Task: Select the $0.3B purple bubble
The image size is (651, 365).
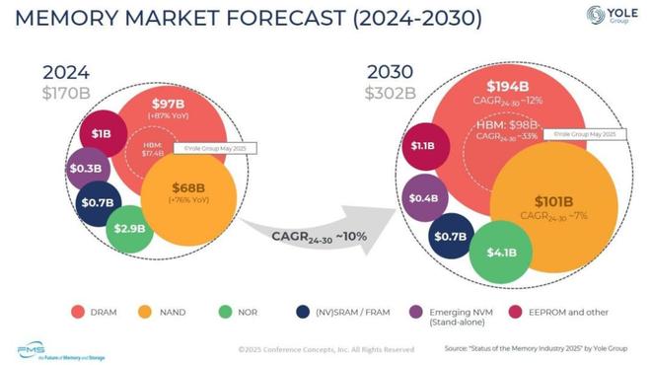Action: pos(88,168)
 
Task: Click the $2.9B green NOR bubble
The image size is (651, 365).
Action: pos(130,228)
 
